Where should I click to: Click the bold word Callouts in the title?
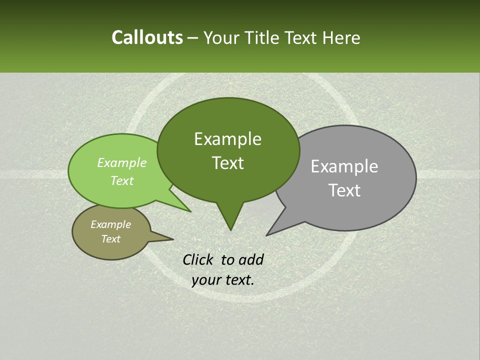click(147, 37)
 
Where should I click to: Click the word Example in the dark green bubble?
click(227, 139)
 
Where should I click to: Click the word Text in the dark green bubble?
click(227, 163)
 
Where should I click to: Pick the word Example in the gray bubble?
click(344, 166)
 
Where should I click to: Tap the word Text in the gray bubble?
click(344, 190)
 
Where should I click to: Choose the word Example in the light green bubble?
click(121, 163)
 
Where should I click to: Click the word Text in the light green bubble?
click(121, 181)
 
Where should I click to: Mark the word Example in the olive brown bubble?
click(110, 224)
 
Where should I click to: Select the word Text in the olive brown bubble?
click(110, 239)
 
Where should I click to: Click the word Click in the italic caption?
click(199, 259)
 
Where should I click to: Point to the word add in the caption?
click(250, 259)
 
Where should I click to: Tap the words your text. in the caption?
click(223, 280)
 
